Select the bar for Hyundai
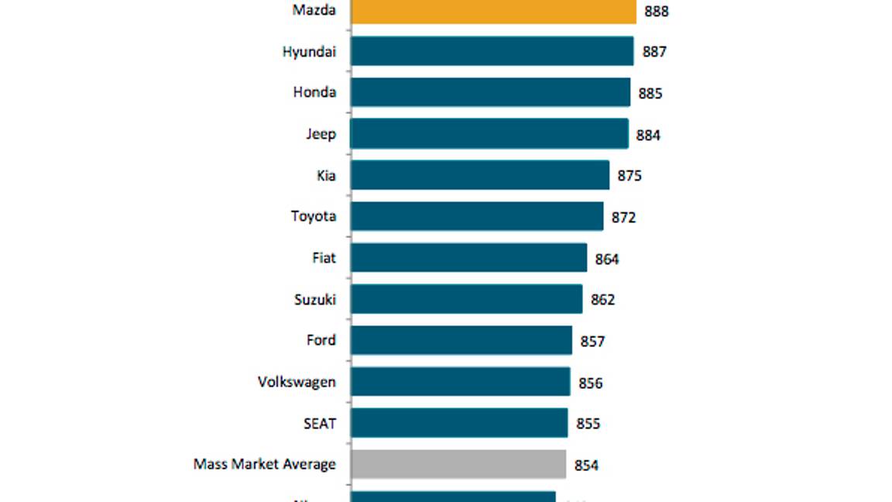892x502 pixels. (x=492, y=51)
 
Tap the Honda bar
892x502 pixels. (x=490, y=92)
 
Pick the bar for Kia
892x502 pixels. (x=479, y=175)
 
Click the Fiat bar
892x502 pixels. (x=468, y=258)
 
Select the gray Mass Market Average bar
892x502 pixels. (x=458, y=464)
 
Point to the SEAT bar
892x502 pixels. (x=458, y=423)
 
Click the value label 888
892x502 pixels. (x=656, y=12)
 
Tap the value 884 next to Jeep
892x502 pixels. (x=648, y=136)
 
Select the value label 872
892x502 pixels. (x=623, y=218)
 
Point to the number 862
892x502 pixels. (x=602, y=300)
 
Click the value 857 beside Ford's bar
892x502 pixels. (x=592, y=341)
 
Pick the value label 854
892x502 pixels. (x=586, y=465)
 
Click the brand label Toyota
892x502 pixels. (x=313, y=216)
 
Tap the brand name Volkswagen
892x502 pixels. (x=297, y=382)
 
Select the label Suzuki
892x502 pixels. (x=314, y=299)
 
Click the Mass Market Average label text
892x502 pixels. (x=264, y=464)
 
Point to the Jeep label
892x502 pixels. (x=320, y=134)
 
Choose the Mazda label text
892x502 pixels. (x=314, y=10)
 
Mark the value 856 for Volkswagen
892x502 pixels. (x=590, y=383)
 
